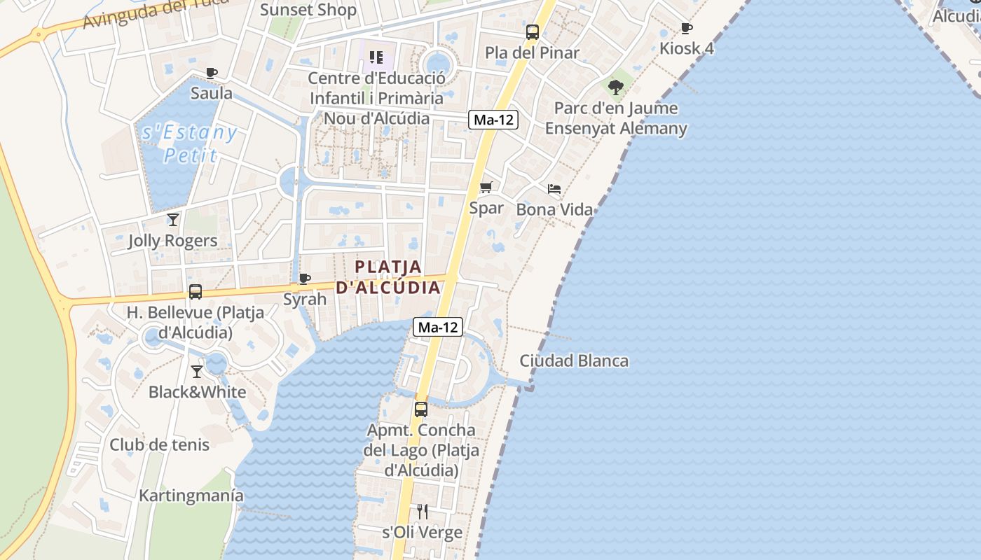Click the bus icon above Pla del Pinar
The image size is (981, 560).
click(533, 31)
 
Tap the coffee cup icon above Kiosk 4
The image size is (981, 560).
click(687, 28)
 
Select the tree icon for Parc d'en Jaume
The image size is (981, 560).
click(616, 87)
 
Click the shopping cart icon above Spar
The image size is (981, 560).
click(486, 187)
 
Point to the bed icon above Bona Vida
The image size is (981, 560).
click(554, 189)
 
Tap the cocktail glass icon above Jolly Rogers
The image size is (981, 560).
click(173, 220)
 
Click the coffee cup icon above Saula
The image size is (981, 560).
click(212, 73)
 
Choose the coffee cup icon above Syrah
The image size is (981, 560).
click(305, 279)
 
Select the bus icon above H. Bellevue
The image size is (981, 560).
click(195, 291)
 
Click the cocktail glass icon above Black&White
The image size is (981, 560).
click(197, 371)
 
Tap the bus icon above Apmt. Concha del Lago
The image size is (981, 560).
click(420, 409)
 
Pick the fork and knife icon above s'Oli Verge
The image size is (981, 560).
click(422, 512)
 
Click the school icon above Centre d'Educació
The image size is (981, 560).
click(376, 57)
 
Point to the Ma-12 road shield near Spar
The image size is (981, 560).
click(493, 120)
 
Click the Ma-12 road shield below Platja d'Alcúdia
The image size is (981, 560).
click(438, 326)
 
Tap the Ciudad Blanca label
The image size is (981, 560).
click(574, 361)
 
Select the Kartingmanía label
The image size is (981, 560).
click(191, 496)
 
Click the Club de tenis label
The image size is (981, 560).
click(159, 444)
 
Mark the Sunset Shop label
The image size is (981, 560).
click(308, 10)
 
